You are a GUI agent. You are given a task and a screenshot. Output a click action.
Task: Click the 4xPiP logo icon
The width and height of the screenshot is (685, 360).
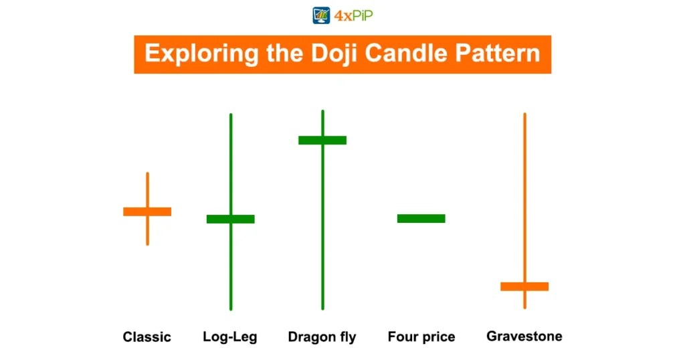(x=322, y=15)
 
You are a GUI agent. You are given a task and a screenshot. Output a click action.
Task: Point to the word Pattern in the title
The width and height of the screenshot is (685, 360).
(x=498, y=54)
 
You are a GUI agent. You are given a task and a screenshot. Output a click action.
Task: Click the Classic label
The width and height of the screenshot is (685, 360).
(x=147, y=337)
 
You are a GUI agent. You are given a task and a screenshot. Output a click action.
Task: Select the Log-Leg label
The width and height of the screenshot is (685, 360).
(x=230, y=337)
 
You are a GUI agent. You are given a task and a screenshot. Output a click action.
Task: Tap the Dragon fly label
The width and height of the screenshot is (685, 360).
(x=322, y=337)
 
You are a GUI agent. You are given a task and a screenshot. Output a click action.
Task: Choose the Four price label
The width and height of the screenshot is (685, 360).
(x=421, y=337)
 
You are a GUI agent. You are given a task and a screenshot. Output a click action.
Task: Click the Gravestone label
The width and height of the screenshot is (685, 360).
(x=524, y=336)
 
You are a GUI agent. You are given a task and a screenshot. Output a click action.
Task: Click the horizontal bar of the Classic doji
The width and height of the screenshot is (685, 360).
(x=147, y=211)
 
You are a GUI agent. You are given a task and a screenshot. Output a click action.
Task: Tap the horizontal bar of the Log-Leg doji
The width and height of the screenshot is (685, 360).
(x=230, y=219)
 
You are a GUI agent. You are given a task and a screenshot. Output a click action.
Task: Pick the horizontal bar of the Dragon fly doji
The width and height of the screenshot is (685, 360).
(x=322, y=140)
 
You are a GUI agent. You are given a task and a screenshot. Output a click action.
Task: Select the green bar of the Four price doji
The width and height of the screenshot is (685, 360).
(x=421, y=218)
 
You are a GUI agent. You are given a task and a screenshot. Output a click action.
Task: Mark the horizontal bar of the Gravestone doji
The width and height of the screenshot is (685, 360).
(x=524, y=286)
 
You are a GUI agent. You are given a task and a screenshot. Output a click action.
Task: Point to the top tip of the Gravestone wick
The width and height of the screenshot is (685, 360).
(x=524, y=114)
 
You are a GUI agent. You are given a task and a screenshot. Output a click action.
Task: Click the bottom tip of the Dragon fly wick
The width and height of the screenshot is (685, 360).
(x=322, y=308)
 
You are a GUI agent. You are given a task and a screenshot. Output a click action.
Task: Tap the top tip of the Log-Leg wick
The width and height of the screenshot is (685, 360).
(x=231, y=115)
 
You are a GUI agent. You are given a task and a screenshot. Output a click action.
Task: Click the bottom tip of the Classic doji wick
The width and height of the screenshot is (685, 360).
(x=147, y=244)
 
